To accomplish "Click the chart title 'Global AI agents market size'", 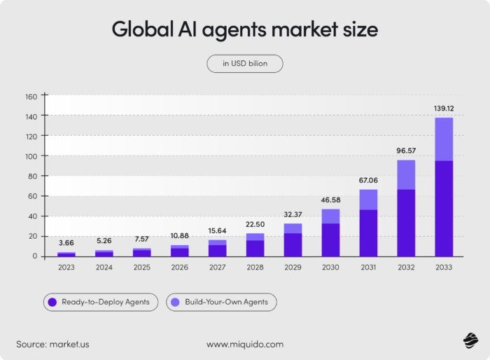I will tap(245, 30).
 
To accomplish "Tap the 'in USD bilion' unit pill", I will tap(245, 64).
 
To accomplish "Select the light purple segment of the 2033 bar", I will tap(444, 139).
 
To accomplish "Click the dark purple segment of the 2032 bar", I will tap(406, 222).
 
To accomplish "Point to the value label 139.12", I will tap(444, 109).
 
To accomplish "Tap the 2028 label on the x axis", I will tap(255, 267).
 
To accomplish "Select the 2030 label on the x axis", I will tap(330, 267).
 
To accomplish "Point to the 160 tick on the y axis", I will tap(30, 96).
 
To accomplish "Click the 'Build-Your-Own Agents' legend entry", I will tap(221, 302).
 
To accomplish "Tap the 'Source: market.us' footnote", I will tap(53, 344).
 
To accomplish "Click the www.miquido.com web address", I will tap(245, 344).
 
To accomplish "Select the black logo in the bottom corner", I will tap(469, 340).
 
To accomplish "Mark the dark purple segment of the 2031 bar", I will tap(368, 233).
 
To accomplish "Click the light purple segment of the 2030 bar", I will tap(330, 216).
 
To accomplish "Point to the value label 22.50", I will tap(255, 225).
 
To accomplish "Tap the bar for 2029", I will tap(293, 240).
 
